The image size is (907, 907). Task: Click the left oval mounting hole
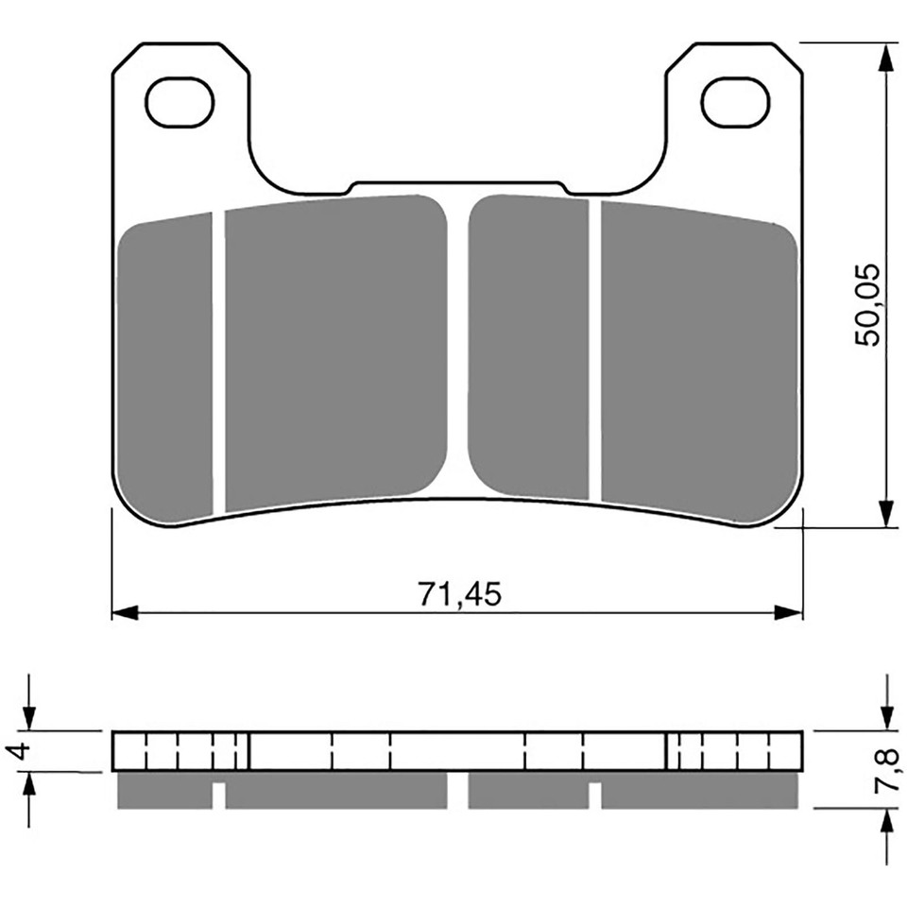point(180,103)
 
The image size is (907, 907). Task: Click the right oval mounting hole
point(736,103)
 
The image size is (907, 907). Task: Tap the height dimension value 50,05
point(867,304)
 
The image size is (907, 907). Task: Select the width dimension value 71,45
point(457,594)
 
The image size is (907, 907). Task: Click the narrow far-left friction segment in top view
point(167,368)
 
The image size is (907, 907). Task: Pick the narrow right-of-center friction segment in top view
point(529,347)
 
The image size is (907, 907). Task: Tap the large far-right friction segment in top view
point(697,364)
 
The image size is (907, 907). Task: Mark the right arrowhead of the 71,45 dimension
point(789,612)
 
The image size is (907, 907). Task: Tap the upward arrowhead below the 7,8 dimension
point(885,822)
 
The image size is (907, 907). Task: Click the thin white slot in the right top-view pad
point(595,350)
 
